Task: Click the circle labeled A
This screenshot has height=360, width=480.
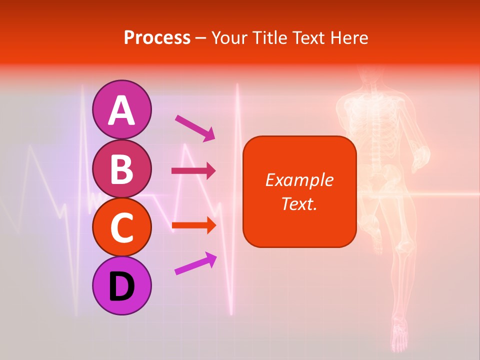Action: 121,109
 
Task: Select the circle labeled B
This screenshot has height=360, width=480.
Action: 121,168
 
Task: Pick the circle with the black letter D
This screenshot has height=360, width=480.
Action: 121,286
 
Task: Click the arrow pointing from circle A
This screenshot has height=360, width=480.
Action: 194,128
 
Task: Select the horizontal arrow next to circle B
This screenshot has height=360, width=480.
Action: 193,171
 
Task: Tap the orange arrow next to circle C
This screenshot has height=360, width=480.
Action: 193,225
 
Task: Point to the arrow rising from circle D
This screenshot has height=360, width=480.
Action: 195,264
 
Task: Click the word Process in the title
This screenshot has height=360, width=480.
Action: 157,37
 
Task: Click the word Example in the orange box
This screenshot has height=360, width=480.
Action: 299,180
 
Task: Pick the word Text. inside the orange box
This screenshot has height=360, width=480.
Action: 299,203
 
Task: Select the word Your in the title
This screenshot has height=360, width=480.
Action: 228,37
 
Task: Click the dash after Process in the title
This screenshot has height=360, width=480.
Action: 201,38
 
